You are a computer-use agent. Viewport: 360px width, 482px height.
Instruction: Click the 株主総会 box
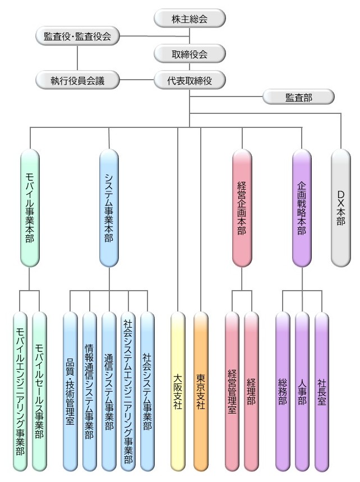point(190,19)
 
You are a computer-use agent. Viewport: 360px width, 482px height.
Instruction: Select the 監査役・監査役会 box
point(77,37)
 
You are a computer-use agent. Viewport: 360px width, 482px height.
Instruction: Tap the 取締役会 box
point(190,54)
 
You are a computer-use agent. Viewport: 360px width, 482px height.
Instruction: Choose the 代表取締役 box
point(190,81)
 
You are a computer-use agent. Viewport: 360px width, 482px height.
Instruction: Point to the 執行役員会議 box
point(77,81)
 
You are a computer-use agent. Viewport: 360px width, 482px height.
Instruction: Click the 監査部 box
point(299,97)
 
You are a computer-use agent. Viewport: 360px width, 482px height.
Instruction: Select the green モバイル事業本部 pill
point(29,207)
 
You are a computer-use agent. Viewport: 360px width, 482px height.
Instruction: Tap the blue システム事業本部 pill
point(109,207)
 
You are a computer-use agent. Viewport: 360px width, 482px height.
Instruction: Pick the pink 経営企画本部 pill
point(242,207)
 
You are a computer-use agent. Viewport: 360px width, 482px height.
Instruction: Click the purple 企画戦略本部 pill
point(302,207)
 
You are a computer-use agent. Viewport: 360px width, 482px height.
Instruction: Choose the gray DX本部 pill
point(341,207)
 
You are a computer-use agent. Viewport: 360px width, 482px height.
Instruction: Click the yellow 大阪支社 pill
point(178,391)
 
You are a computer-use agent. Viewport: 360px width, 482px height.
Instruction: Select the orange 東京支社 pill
point(201,391)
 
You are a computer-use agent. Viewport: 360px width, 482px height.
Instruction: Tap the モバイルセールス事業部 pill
point(39,391)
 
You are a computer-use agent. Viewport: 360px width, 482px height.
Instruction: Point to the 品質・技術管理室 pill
point(70,391)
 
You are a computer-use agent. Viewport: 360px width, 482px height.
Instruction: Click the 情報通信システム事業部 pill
point(90,391)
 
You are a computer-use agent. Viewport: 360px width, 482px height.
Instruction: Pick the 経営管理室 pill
point(232,391)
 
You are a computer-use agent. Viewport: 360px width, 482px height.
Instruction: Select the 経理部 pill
point(252,391)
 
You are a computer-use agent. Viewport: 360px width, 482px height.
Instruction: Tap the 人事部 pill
point(302,391)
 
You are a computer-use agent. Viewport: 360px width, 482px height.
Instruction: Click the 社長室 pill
point(322,391)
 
